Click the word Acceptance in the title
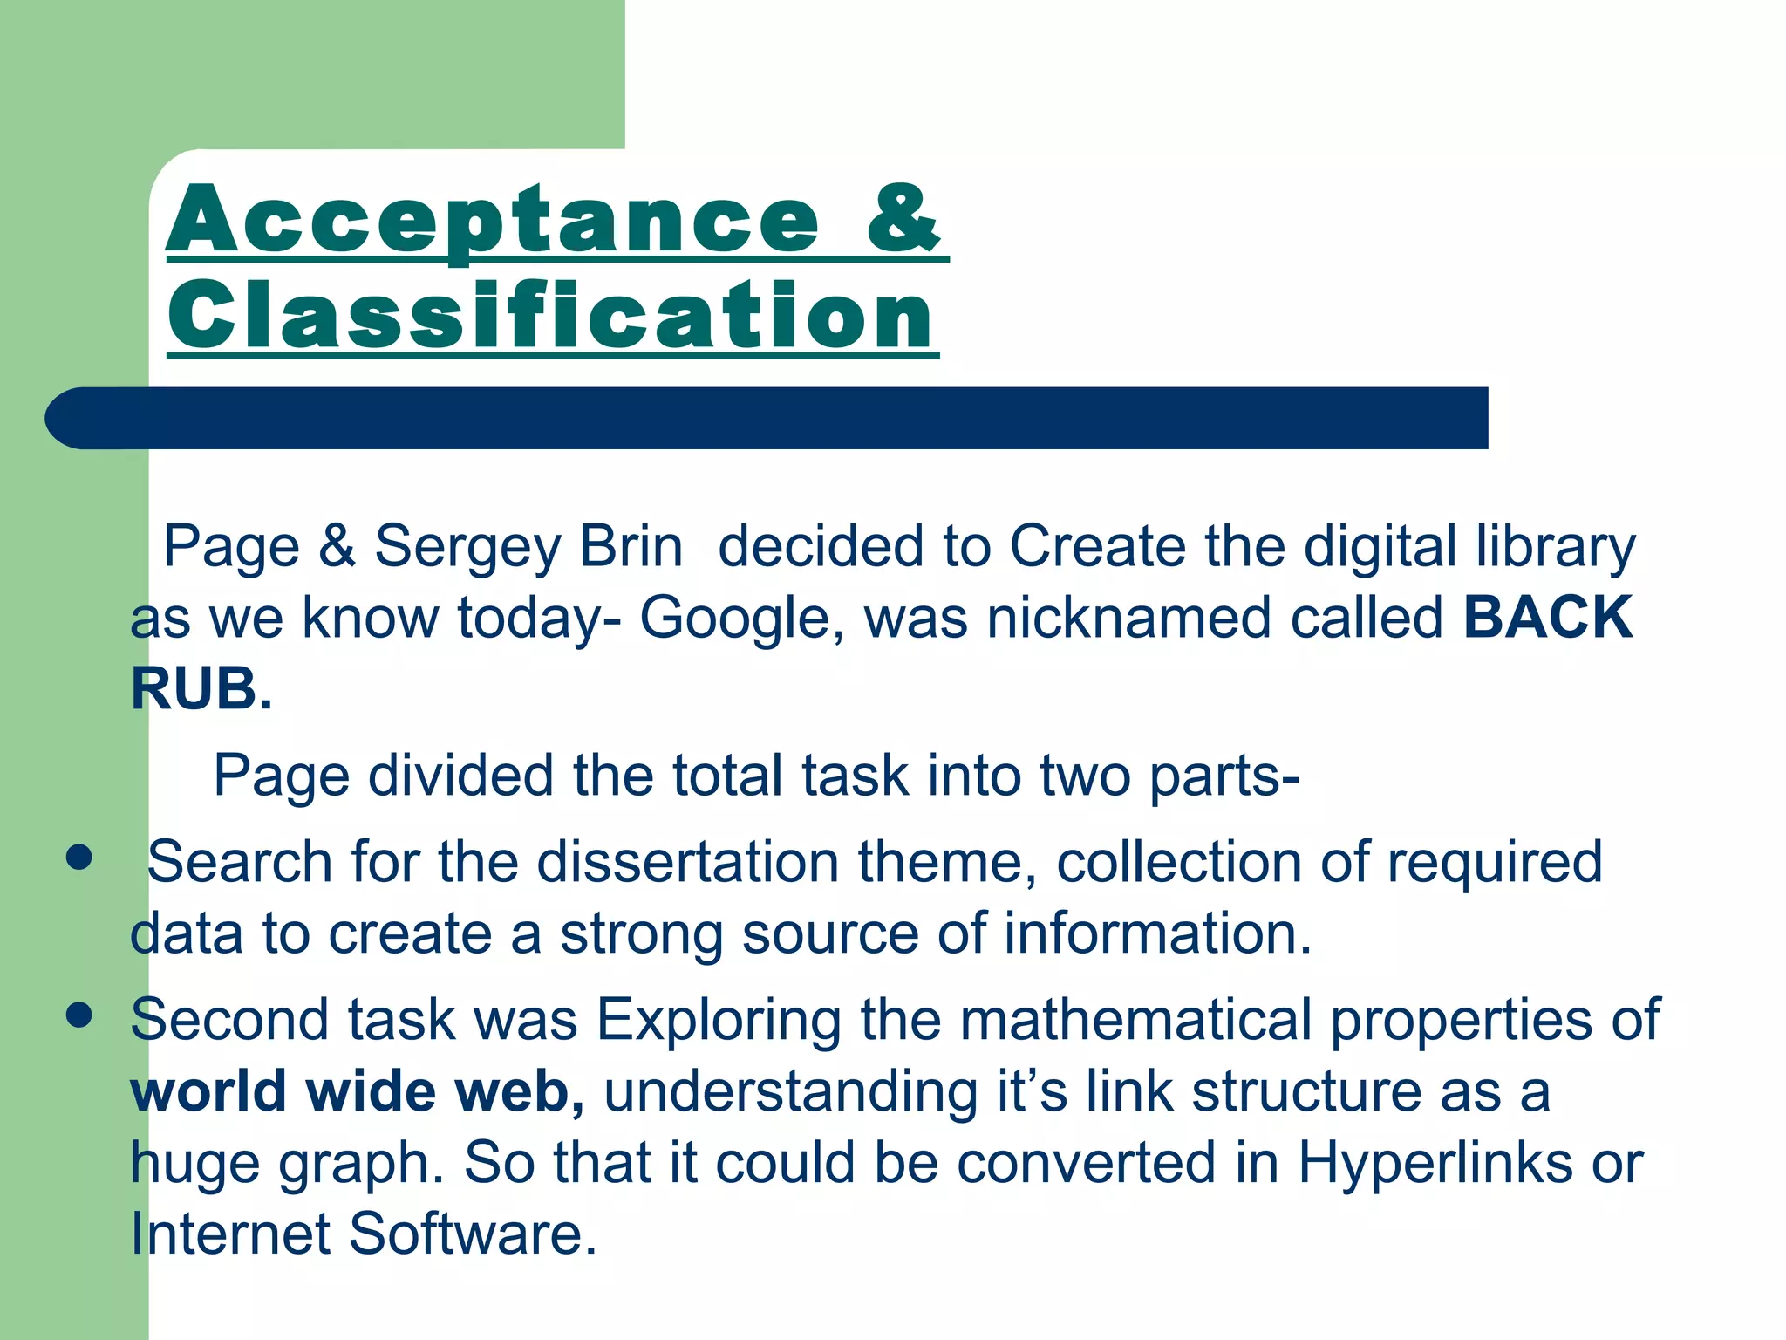pos(493,220)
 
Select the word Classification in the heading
pos(551,316)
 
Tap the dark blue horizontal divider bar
pos(767,418)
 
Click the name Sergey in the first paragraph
pos(467,547)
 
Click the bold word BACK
pos(1548,618)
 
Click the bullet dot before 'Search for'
pos(79,858)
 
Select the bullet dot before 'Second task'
pos(79,1015)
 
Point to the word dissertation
pos(688,862)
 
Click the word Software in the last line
pos(473,1234)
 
